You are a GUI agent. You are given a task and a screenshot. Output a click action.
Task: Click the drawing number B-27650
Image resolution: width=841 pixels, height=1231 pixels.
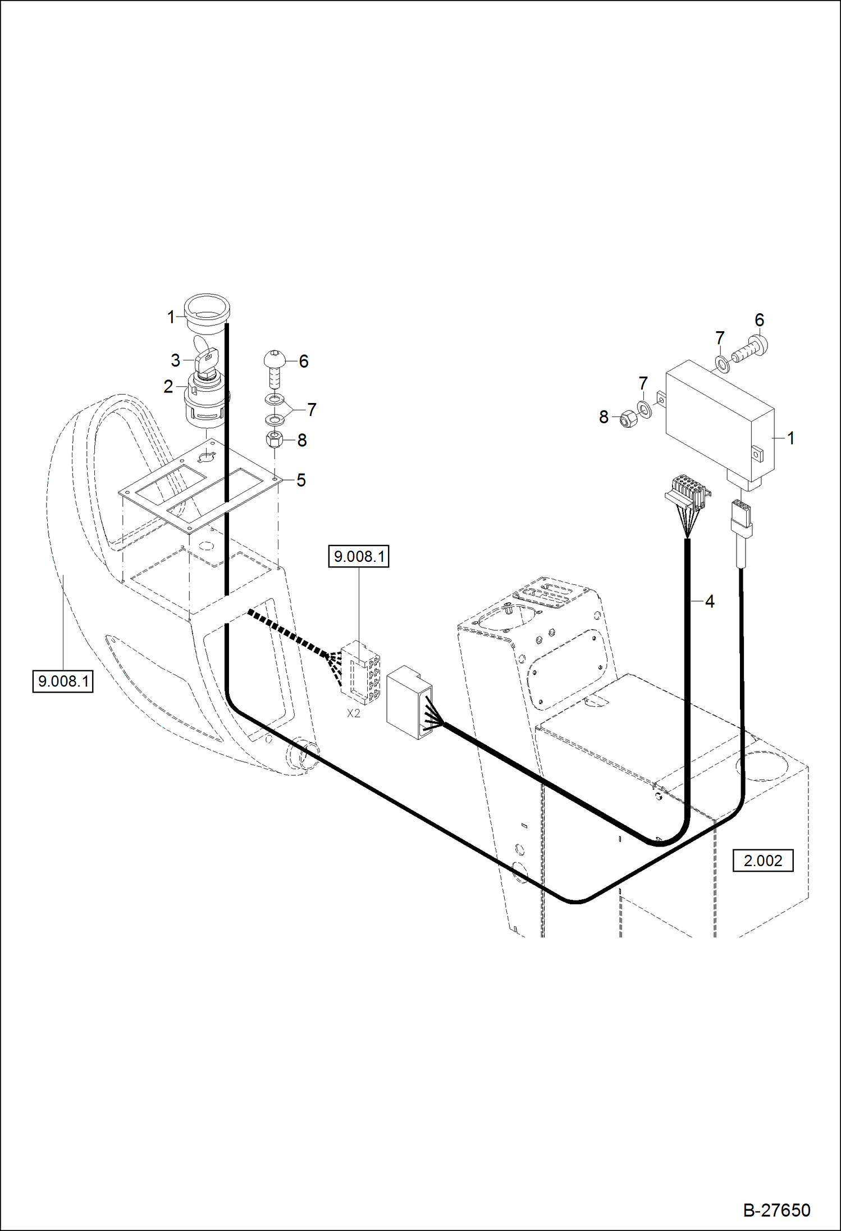pos(776,1210)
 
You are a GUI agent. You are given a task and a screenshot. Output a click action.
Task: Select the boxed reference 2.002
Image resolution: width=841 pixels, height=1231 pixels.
pos(762,861)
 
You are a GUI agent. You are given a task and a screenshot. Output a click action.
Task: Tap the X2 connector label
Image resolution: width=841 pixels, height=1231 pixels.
pos(354,713)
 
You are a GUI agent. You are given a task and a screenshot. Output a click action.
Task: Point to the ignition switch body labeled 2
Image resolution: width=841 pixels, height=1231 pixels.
pos(205,400)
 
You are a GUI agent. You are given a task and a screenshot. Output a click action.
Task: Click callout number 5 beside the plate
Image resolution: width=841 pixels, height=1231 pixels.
pos(301,480)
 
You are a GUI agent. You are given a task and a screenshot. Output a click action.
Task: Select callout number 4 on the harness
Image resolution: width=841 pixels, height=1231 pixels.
pos(710,601)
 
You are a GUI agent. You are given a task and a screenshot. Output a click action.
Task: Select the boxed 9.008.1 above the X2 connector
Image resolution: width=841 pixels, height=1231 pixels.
pos(359,556)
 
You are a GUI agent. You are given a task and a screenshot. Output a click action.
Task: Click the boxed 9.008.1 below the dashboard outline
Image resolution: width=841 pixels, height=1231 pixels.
pos(63,681)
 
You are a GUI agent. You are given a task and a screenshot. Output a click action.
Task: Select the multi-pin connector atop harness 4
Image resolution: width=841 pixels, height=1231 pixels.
pos(688,492)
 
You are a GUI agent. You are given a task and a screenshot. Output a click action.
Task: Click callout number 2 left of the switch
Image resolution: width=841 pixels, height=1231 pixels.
pos(168,387)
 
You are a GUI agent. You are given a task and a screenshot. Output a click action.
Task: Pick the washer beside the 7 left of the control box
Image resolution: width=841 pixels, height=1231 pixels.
pos(645,409)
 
